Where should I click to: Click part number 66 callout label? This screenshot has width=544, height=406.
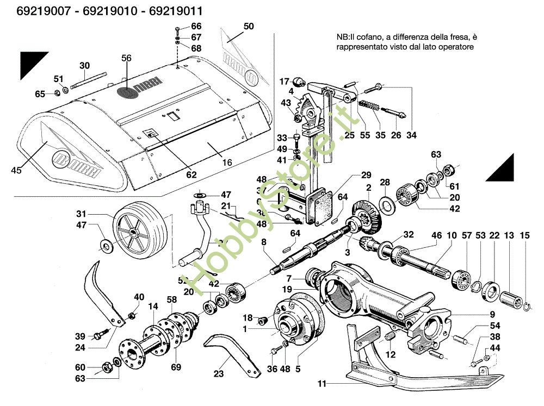coord(196,26)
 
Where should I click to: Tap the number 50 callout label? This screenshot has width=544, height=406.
coord(249,26)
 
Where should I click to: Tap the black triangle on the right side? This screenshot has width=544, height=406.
coord(503,169)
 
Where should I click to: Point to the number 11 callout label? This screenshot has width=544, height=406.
coord(322,384)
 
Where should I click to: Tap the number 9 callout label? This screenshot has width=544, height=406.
coord(492,314)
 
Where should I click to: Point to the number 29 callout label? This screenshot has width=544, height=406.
coord(366,175)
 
